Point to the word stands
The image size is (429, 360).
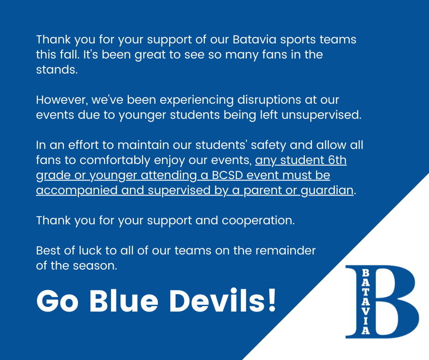pyautogui.click(x=57, y=69)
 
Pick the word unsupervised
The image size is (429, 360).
pyautogui.click(x=321, y=115)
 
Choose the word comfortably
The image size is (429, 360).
pyautogui.click(x=115, y=160)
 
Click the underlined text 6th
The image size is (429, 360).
pyautogui.click(x=337, y=160)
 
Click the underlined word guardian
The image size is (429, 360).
pyautogui.click(x=327, y=191)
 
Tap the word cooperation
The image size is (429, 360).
pyautogui.click(x=258, y=221)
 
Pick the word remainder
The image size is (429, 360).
pyautogui.click(x=286, y=250)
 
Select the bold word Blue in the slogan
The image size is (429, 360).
pyautogui.click(x=124, y=301)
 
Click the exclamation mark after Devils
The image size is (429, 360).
pyautogui.click(x=272, y=300)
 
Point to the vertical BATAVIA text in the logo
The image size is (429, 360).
pyautogui.click(x=366, y=302)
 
